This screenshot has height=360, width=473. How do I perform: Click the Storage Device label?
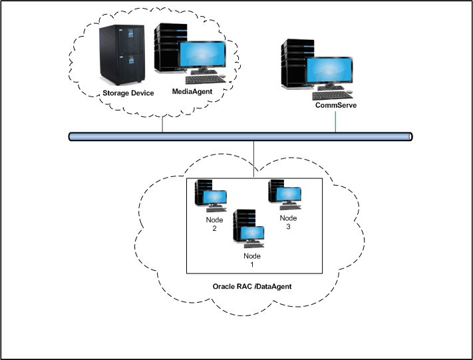[x=128, y=93]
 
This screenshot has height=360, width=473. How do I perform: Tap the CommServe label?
[x=336, y=104]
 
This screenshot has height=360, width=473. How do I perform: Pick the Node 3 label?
[x=287, y=222]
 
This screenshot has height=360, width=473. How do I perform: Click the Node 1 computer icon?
[x=248, y=228]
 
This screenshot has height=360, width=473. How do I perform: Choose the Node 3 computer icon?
[x=283, y=193]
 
